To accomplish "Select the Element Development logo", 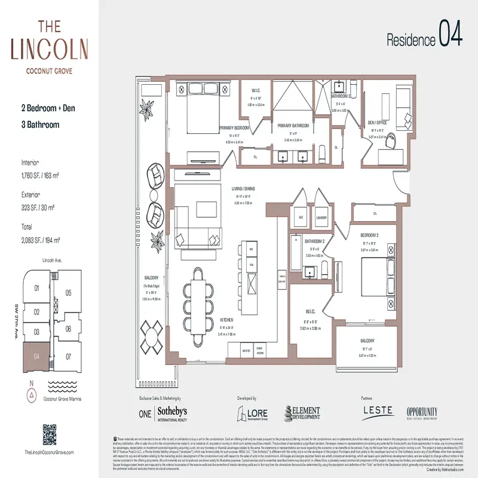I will pos(302,413).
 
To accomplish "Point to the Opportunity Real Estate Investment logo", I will pos(422,413).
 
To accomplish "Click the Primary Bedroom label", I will pos(234,128).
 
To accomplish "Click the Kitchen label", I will pos(225,320).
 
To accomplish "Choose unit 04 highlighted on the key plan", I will pos(36,357).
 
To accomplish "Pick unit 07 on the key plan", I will pos(68,357).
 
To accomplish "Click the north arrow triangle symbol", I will pos(31,394).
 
